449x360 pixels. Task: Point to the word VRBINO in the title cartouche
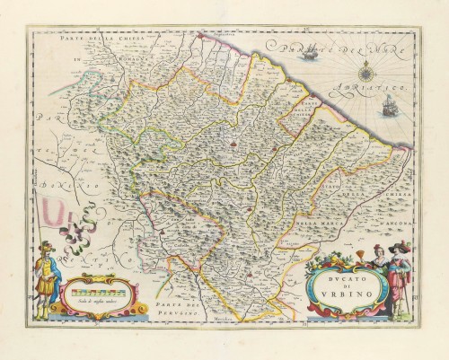[x=342, y=294]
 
